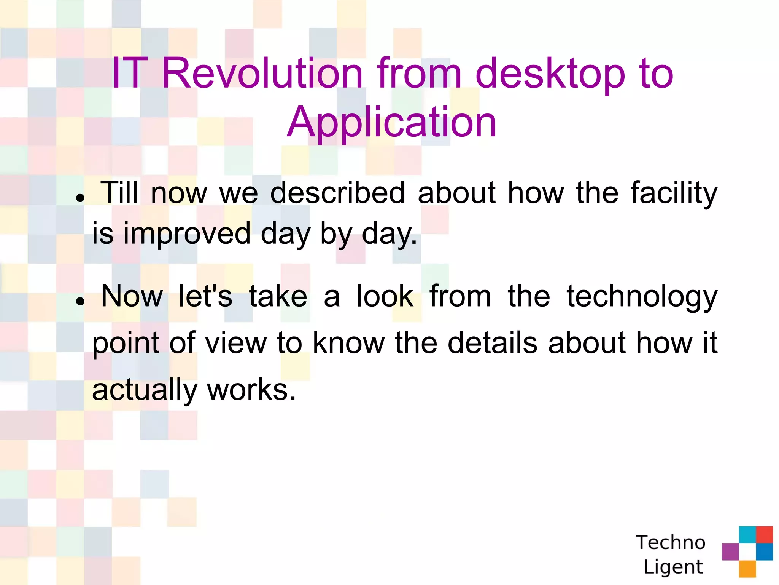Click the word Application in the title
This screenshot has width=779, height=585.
coord(391,122)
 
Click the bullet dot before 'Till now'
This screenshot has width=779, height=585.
coord(79,198)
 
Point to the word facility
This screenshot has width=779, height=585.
coord(674,193)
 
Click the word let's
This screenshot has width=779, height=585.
coord(205,296)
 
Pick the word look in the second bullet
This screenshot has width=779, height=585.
coord(385,296)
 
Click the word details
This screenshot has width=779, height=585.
coord(493,343)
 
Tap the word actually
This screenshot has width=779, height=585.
coord(145,390)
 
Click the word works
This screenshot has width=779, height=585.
coord(251,390)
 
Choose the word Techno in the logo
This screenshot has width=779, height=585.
coord(670,542)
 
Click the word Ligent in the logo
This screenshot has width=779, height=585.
coord(673,567)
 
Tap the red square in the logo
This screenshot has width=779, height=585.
coord(764,534)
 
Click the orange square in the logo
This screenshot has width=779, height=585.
coord(747,569)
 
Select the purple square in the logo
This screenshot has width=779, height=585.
coord(730,551)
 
